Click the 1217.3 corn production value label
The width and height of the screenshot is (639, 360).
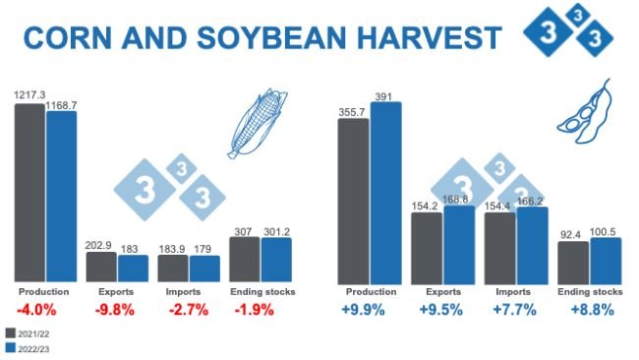coord(29,94)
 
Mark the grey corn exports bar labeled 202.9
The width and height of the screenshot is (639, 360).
coord(100,267)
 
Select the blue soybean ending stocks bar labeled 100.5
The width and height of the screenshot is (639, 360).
coord(606,260)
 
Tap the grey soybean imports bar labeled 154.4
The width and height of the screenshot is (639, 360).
coord(499,247)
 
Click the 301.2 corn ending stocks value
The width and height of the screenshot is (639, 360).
coord(277,231)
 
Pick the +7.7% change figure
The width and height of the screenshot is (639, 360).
coord(514,309)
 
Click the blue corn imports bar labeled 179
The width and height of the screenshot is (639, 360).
coord(204,269)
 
